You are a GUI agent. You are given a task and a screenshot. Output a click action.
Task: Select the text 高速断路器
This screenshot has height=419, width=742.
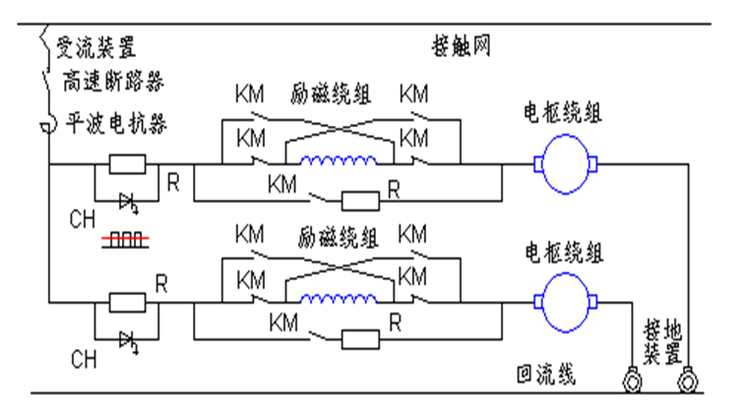click(x=106, y=77)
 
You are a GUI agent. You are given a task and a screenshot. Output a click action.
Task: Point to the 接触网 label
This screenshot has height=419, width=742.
click(x=460, y=46)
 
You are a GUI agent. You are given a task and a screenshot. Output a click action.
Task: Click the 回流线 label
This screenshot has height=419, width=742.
click(x=545, y=375)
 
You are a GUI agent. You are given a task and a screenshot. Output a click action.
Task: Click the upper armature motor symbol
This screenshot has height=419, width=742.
click(x=567, y=163)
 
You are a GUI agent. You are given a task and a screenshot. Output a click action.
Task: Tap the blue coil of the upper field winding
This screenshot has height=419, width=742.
click(x=338, y=163)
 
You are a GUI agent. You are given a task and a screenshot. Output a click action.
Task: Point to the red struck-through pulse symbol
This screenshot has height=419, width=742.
click(x=124, y=240)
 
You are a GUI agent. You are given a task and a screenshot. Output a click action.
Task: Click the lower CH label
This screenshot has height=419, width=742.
click(x=83, y=361)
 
